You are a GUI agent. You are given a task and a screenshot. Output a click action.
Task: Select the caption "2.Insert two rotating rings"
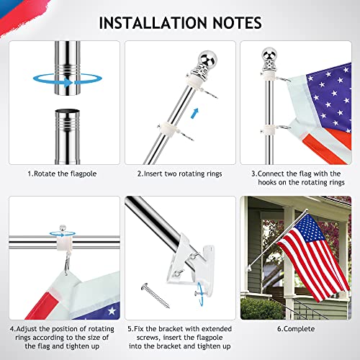[x=180, y=174]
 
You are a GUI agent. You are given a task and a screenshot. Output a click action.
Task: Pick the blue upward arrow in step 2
[x=194, y=112]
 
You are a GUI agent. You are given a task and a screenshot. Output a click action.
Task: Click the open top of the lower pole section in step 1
[x=65, y=114]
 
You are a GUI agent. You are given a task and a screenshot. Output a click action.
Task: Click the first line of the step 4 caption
[x=63, y=328]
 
